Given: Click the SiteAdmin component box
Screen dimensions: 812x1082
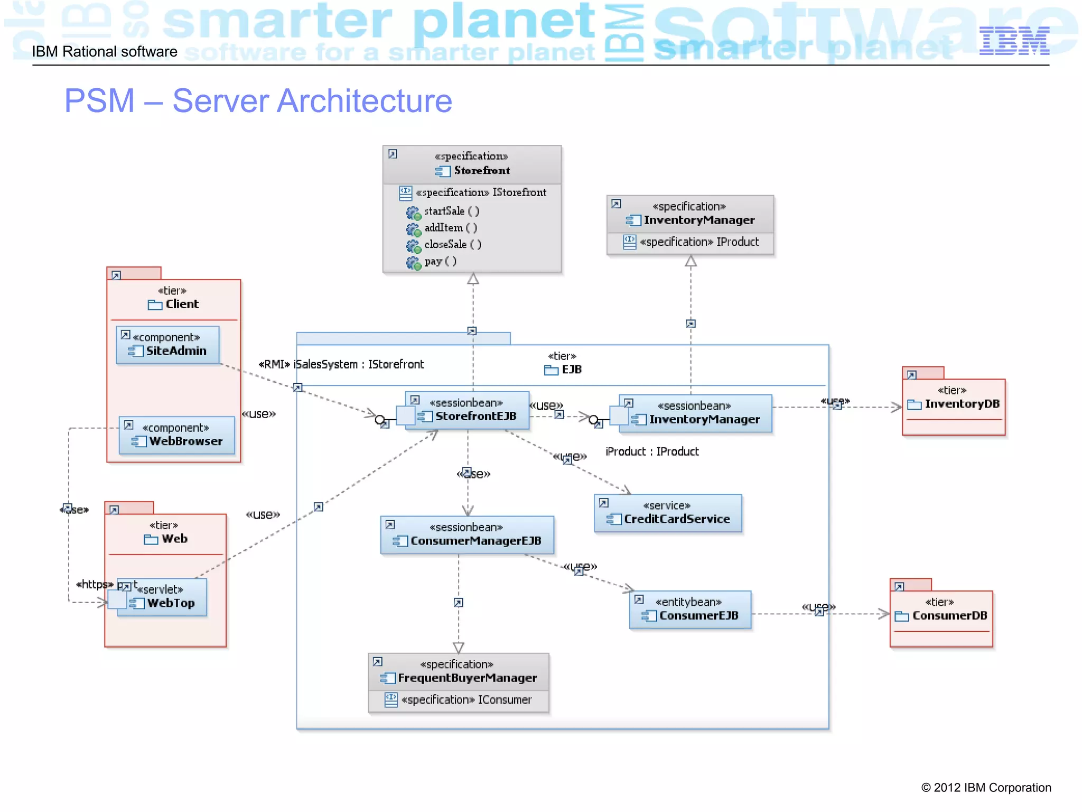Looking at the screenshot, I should point(167,345).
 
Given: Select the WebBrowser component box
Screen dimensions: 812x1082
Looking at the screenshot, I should point(177,435).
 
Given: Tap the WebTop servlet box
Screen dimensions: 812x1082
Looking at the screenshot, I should point(162,597).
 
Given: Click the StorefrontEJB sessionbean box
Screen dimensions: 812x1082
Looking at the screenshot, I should point(468,410).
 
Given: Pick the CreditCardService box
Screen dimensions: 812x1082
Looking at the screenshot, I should point(668,513).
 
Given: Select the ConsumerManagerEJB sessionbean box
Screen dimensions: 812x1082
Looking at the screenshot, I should point(467,535).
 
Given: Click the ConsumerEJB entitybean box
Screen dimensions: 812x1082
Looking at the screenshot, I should point(690,610).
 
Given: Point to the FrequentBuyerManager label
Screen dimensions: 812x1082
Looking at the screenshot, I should point(467,678).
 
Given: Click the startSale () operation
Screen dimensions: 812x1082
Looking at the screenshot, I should point(451,211).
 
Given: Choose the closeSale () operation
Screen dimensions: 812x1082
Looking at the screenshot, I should point(452,245).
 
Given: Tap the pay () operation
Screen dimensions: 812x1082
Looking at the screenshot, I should point(440,261).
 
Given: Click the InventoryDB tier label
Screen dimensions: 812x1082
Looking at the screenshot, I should point(962,404).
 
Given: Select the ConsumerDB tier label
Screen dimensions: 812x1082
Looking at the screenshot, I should point(949,615).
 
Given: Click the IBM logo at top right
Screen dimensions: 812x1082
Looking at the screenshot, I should point(1014,41).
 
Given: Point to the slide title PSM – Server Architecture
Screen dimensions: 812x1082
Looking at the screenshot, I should point(258,100).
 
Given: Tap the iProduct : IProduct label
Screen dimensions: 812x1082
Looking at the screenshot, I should point(652,451).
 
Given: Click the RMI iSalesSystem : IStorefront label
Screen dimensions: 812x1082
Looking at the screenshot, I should point(341,364).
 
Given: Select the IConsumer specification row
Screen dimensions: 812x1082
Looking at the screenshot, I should point(466,700).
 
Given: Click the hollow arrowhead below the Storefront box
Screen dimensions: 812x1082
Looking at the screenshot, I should point(473,279).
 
